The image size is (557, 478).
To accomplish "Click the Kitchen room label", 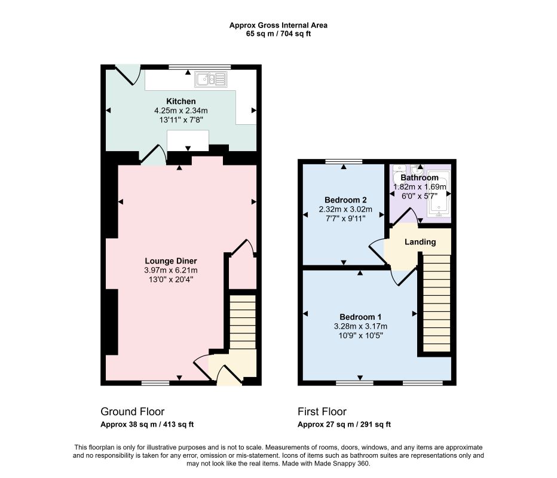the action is pyautogui.click(x=181, y=101).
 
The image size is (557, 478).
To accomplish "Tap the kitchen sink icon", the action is pyautogui.click(x=210, y=79).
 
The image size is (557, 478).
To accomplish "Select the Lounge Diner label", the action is pyautogui.click(x=171, y=261).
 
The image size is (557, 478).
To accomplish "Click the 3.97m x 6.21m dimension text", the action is pyautogui.click(x=171, y=270).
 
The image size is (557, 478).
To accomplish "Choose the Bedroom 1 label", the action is pyautogui.click(x=360, y=317).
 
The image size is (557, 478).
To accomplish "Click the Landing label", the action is pyautogui.click(x=420, y=242).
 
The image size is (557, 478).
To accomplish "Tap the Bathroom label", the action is pyautogui.click(x=420, y=177).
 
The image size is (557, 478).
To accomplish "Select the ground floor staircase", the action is pyautogui.click(x=243, y=321).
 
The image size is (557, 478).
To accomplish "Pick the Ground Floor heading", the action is pyautogui.click(x=133, y=412).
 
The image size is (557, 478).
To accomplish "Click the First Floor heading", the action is pyautogui.click(x=322, y=412).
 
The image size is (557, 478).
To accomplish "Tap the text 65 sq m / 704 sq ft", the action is pyautogui.click(x=278, y=34).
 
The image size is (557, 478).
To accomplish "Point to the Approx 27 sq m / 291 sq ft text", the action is pyautogui.click(x=344, y=424).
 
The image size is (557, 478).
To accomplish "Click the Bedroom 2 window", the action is pyautogui.click(x=344, y=161).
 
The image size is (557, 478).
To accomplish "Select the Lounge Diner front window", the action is pyautogui.click(x=155, y=383).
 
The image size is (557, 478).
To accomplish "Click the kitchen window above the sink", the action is pyautogui.click(x=200, y=67).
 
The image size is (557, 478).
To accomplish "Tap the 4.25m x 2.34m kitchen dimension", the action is pyautogui.click(x=181, y=111).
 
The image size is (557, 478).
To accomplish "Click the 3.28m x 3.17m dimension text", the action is pyautogui.click(x=360, y=326).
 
